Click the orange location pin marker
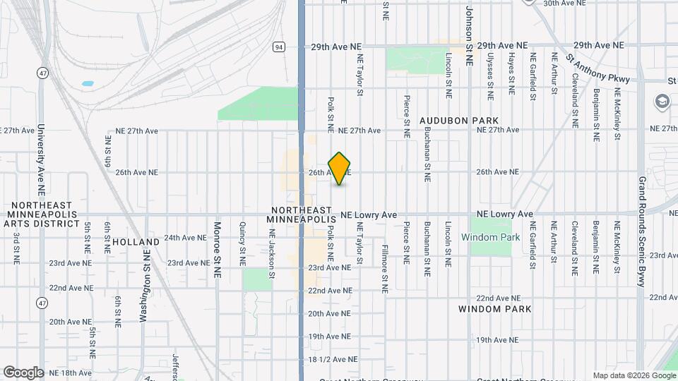click(x=340, y=168)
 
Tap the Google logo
click(x=23, y=372)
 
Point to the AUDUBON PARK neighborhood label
click(x=459, y=121)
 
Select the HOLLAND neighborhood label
click(x=131, y=241)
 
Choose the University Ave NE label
click(x=41, y=160)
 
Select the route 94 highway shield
click(x=280, y=47)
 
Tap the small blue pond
click(x=88, y=84)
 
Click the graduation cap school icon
click(x=662, y=100)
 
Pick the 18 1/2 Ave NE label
click(x=330, y=360)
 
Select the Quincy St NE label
click(x=242, y=243)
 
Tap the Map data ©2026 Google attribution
click(x=634, y=375)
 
